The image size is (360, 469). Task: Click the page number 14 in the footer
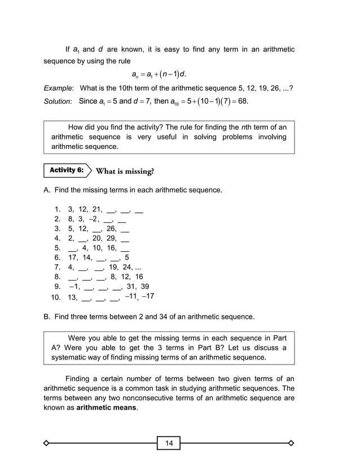(169, 443)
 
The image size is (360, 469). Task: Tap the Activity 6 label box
(66, 170)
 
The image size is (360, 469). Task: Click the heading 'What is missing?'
(125, 171)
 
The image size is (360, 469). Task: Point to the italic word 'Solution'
(58, 102)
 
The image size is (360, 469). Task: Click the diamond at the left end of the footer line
(47, 443)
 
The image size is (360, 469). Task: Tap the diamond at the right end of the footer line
(291, 443)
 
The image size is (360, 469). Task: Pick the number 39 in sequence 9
(145, 286)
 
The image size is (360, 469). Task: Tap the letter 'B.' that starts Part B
(47, 316)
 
